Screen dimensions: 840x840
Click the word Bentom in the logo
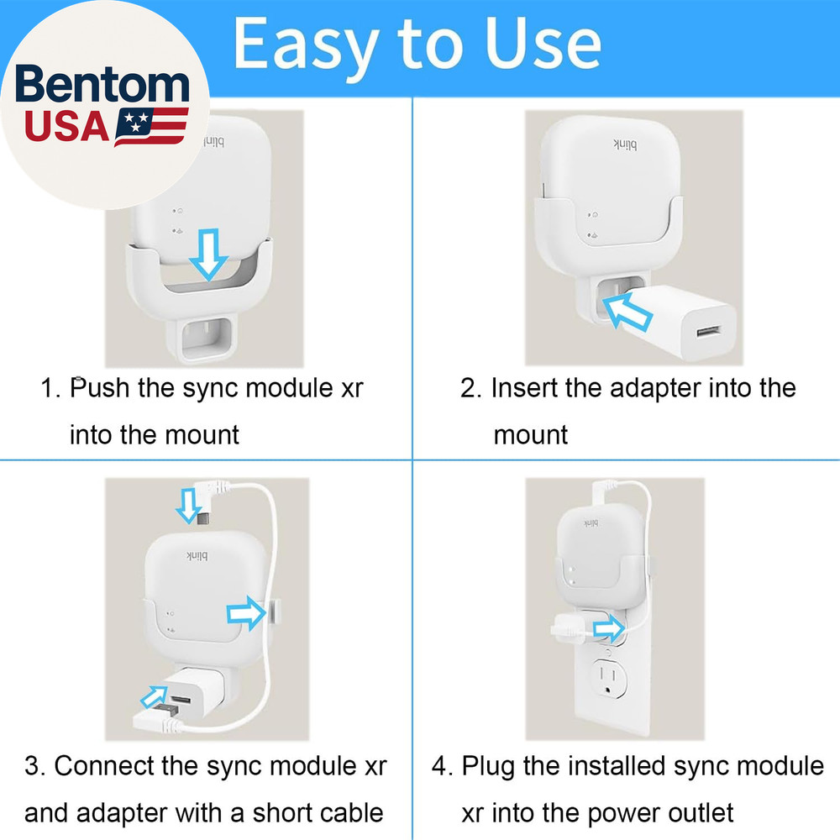click(102, 87)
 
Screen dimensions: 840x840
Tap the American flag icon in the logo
click(150, 126)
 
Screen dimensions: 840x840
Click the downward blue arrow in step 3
click(186, 507)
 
